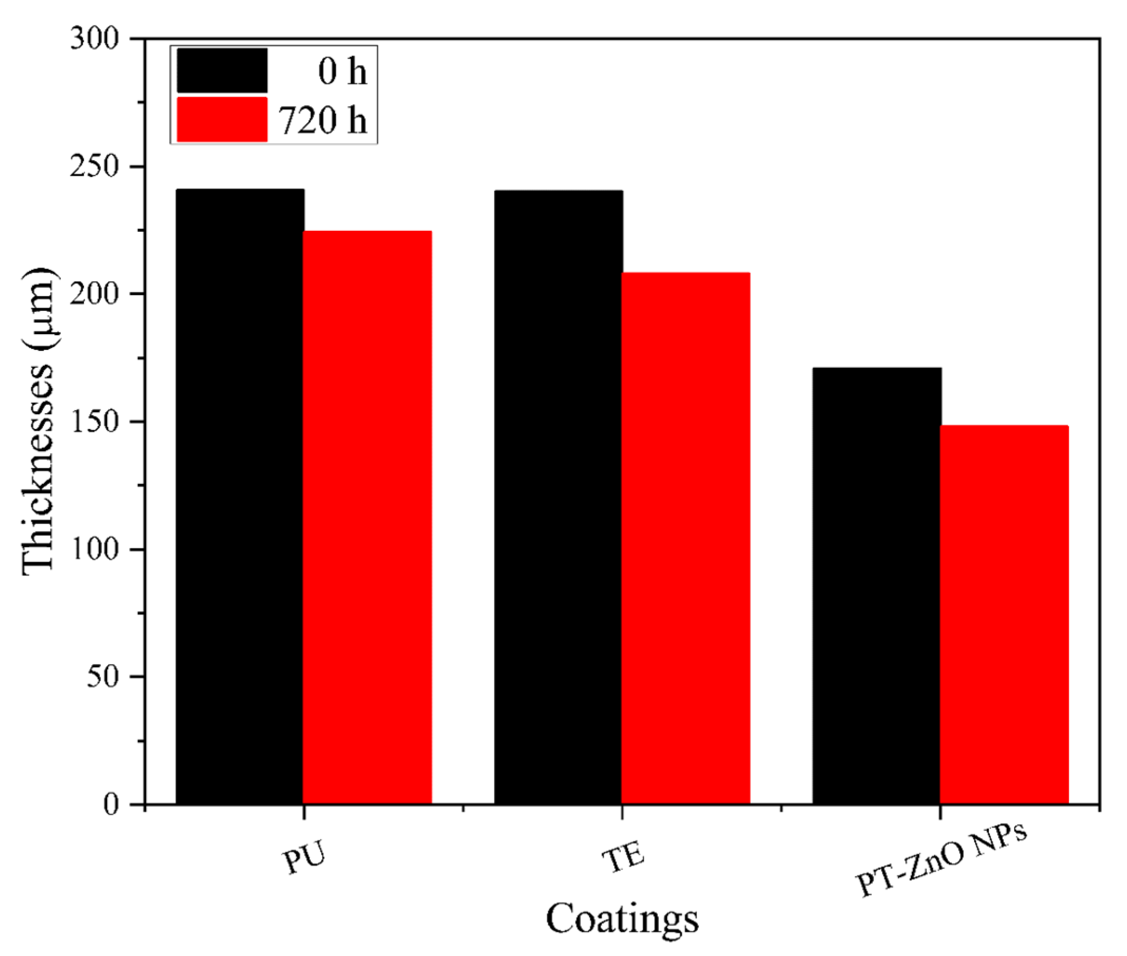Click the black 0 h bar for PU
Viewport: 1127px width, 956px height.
pos(240,496)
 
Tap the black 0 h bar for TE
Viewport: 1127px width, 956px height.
pos(558,496)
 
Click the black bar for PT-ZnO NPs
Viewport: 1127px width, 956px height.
pos(877,586)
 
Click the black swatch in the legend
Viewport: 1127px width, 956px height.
pos(222,71)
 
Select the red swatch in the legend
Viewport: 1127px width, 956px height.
pos(222,120)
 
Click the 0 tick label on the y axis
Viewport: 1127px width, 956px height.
pos(111,805)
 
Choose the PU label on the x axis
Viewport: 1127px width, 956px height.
pos(304,858)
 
